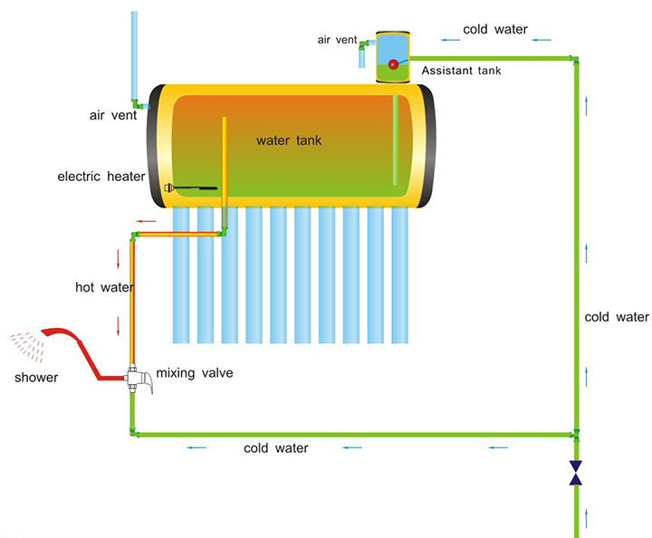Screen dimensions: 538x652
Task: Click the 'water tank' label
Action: (x=289, y=140)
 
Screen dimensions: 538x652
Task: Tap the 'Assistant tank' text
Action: (x=462, y=69)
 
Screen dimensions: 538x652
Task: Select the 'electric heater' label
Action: (x=101, y=177)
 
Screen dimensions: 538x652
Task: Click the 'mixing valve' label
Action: (x=194, y=372)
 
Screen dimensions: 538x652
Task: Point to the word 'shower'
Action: (x=36, y=378)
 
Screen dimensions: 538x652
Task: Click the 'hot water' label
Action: (x=104, y=287)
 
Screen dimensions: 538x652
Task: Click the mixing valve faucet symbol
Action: (x=141, y=379)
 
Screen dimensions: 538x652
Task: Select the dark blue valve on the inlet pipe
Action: (x=575, y=472)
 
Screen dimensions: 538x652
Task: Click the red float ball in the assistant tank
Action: (x=393, y=64)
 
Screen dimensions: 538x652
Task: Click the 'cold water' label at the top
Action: (x=494, y=29)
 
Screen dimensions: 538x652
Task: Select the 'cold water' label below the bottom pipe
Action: (x=276, y=448)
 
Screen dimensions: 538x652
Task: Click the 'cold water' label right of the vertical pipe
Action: (x=617, y=317)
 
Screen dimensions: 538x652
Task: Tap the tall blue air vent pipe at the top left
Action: (x=134, y=54)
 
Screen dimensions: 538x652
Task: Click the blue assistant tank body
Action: (x=393, y=51)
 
